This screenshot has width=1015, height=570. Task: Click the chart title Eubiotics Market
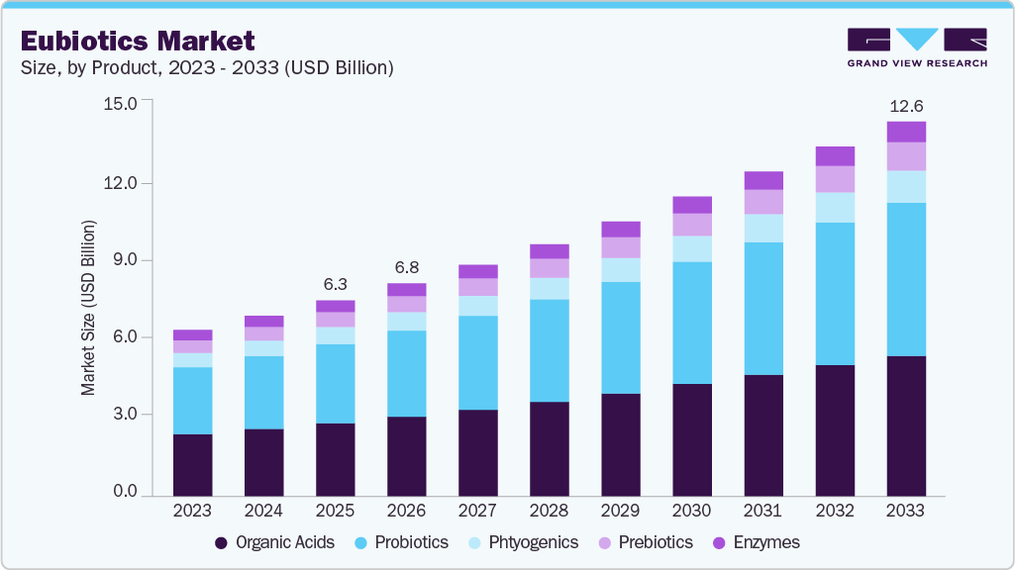point(138,41)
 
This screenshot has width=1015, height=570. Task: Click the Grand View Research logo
point(917,47)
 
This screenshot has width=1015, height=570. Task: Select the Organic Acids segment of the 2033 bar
point(905,426)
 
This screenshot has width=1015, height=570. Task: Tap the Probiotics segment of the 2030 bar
point(691,323)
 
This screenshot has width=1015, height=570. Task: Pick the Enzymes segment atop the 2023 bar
point(192,334)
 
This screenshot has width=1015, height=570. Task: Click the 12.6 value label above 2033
point(905,106)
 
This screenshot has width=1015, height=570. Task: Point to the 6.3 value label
point(335,284)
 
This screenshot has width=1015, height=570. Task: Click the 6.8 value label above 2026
point(406,267)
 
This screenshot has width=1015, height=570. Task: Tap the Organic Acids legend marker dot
point(222,542)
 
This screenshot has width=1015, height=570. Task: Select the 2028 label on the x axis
point(549,512)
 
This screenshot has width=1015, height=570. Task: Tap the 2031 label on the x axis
point(762,512)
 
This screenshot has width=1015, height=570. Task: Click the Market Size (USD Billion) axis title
point(89,309)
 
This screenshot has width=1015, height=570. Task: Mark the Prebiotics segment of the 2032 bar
point(834,179)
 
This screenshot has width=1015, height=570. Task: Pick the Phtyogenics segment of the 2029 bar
point(620,270)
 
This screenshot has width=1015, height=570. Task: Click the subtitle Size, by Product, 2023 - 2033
point(208,68)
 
